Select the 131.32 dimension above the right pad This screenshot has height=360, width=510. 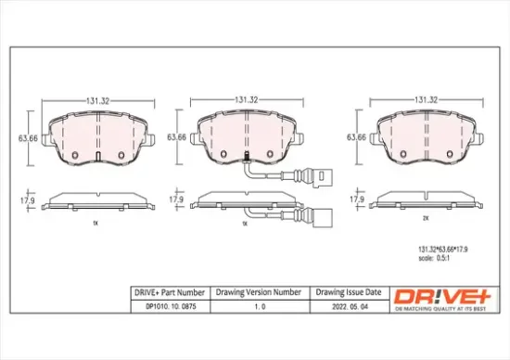pos(426,99)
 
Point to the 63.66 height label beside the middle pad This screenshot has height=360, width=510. pos(173,137)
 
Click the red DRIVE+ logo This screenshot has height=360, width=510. pos(434,294)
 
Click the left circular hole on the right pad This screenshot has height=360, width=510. pos(404,153)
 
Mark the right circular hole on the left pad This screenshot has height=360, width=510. pos(121,153)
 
